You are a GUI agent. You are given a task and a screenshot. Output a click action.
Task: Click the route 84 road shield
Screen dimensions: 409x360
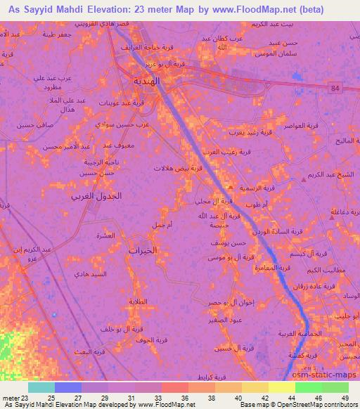333,87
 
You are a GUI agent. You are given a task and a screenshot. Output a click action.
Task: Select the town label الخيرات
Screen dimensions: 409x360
142,249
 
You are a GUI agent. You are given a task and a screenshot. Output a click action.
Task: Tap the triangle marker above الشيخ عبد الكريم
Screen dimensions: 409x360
303,180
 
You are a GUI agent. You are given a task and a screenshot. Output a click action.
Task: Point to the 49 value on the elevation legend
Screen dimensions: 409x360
345,397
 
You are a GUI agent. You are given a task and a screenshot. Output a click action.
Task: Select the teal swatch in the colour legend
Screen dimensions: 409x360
41,387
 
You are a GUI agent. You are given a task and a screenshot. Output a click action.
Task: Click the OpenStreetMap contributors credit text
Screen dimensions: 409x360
309,405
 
